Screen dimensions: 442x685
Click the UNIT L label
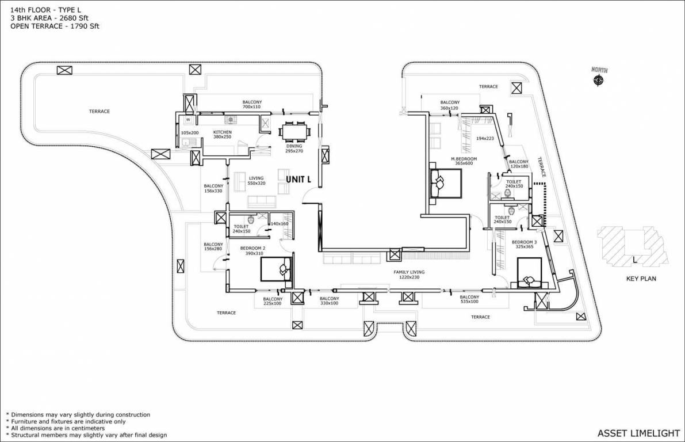[x=298, y=180]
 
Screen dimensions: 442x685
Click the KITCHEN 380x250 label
[x=222, y=135]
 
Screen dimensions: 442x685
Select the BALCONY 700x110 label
[x=251, y=105]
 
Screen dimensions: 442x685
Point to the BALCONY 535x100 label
[x=469, y=299]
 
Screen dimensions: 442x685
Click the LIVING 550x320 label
[x=257, y=181]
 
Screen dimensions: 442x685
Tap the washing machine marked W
[x=188, y=120]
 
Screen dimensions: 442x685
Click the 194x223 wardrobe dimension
[x=485, y=139]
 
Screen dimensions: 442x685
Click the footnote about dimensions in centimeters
[x=55, y=428]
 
